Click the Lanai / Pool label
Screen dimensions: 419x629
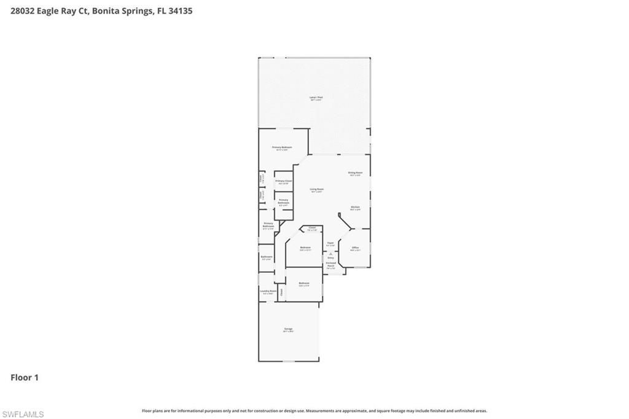point(316,98)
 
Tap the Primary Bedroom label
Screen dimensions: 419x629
point(282,147)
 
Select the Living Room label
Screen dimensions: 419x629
point(316,189)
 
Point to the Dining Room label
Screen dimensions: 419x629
point(355,173)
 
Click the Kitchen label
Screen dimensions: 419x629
point(355,208)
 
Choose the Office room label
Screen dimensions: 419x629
point(355,248)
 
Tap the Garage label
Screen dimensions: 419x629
point(288,329)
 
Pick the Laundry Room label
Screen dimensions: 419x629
point(268,291)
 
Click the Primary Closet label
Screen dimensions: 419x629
point(283,181)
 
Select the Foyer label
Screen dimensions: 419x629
point(330,243)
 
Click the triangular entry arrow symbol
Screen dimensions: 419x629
point(330,253)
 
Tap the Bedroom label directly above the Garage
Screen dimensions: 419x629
point(303,283)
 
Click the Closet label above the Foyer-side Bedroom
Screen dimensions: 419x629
point(312,229)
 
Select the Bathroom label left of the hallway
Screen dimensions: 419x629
point(267,257)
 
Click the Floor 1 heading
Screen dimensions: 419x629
point(25,377)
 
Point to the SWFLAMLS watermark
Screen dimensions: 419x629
point(23,415)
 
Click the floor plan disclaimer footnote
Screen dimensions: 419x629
point(314,410)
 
